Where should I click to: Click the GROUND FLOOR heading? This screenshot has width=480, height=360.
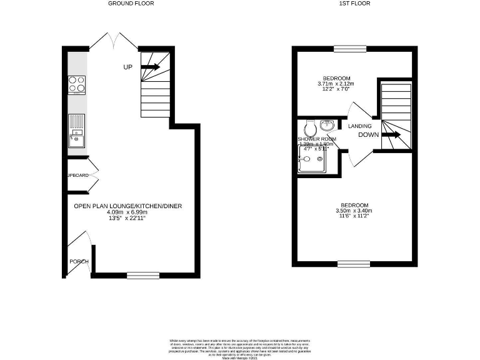pyautogui.click(x=131, y=4)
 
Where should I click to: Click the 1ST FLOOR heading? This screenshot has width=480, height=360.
pyautogui.click(x=354, y=4)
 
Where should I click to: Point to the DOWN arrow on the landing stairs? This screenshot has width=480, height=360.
pyautogui.click(x=392, y=134)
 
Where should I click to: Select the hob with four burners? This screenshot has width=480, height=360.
pyautogui.click(x=77, y=84)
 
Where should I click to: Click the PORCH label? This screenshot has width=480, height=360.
pyautogui.click(x=79, y=261)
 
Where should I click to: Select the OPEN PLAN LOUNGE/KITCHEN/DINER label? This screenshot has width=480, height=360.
pyautogui.click(x=128, y=206)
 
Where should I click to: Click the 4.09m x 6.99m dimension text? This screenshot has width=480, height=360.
pyautogui.click(x=128, y=212)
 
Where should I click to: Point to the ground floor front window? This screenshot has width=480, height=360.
pyautogui.click(x=143, y=273)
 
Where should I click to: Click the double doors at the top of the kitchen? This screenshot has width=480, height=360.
pyautogui.click(x=113, y=41)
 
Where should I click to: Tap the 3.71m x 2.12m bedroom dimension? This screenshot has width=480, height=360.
pyautogui.click(x=336, y=84)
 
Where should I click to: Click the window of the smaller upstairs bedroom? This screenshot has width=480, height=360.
pyautogui.click(x=349, y=48)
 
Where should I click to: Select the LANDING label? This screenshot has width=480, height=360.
pyautogui.click(x=360, y=126)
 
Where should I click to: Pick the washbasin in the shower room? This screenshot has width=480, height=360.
pyautogui.click(x=327, y=124)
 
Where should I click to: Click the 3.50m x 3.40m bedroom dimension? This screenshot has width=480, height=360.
pyautogui.click(x=354, y=211)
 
